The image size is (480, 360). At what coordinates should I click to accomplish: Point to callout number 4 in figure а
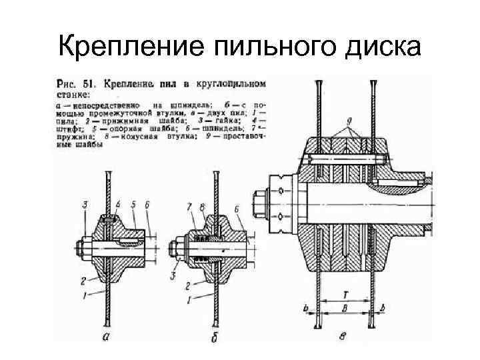point(117,202)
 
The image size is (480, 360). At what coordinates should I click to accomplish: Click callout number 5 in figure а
point(134,202)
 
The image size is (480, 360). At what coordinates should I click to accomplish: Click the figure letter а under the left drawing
point(107,337)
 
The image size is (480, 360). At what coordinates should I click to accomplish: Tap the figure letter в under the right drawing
point(342,337)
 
